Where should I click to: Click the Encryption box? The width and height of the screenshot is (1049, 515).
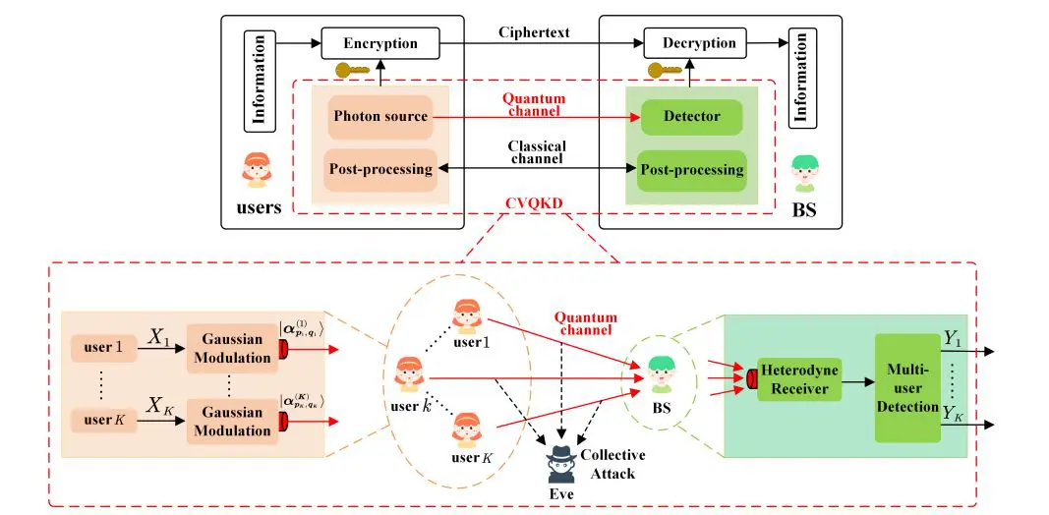380,43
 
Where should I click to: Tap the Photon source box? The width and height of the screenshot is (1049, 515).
380,116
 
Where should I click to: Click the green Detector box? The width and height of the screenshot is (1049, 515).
691,116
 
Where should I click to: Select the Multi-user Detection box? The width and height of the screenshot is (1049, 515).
907,387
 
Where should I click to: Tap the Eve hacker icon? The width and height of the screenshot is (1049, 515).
563,463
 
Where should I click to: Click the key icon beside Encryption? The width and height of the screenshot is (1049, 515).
351,71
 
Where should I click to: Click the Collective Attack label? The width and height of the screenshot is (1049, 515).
612,464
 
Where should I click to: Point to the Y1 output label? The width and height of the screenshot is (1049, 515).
952,338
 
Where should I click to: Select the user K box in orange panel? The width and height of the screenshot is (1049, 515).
103,420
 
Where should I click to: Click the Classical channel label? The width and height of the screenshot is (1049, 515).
537,152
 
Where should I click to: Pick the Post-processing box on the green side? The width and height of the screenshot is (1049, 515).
691,169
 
